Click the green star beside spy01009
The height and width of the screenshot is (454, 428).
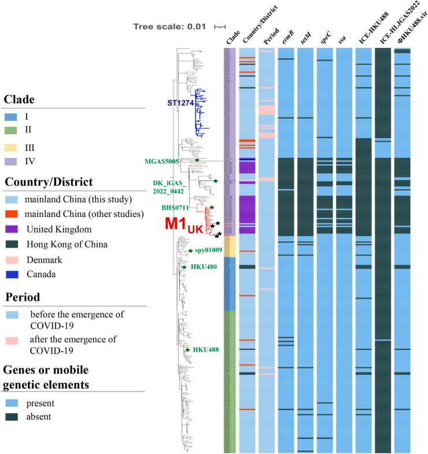coord(190,250)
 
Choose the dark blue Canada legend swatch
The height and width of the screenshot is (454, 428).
coord(14,274)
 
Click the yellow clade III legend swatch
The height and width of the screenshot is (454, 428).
coord(14,147)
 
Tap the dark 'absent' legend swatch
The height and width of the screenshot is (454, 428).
coord(14,416)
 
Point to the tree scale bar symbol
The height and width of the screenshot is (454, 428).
coord(220,27)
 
